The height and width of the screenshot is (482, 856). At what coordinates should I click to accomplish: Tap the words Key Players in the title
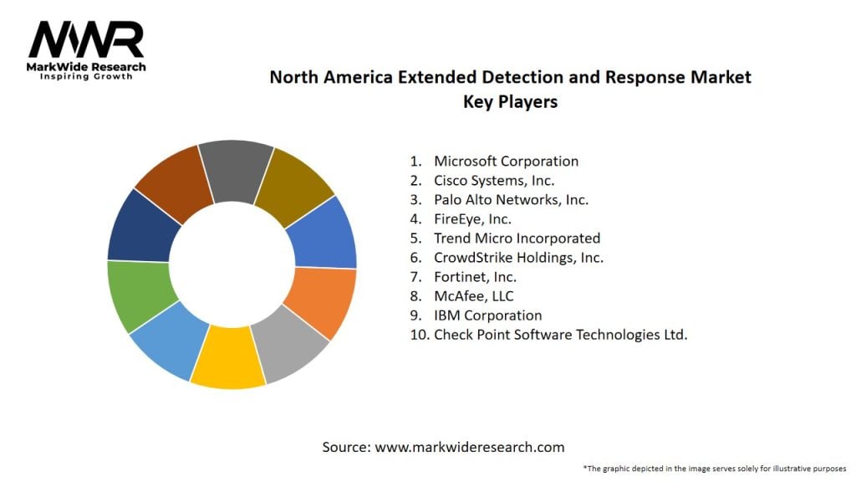pos(510,102)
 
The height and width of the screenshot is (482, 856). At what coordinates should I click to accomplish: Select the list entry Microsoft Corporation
pos(506,161)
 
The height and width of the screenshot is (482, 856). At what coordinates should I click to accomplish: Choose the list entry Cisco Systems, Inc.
pos(494,180)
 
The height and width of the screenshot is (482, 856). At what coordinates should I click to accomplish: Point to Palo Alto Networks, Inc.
pos(511,199)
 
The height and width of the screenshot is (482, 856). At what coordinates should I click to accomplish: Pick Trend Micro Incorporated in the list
pos(517,238)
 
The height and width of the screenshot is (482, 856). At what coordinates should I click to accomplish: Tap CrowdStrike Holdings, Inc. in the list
pos(518,258)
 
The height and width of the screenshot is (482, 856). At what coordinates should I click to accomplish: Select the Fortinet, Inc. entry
pos(475,277)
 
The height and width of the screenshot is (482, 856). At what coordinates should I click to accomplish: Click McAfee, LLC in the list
pos(474,296)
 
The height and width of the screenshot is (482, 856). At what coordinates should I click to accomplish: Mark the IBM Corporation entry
pos(487,315)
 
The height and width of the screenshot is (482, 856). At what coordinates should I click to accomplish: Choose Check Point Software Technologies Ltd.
pos(560,335)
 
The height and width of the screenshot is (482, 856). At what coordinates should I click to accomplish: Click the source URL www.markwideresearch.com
pos(470,447)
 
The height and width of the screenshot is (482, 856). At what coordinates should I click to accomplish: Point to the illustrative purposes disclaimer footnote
pos(716,469)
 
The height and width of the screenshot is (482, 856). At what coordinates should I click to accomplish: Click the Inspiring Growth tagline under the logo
pos(86,77)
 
